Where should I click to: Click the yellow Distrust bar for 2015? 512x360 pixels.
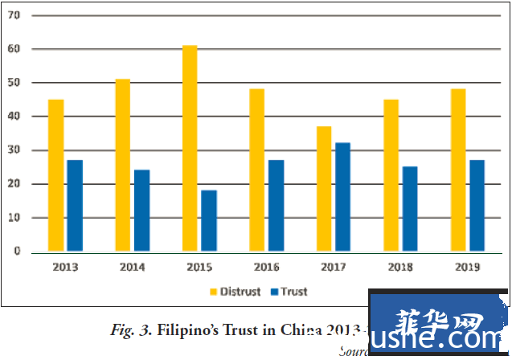[190, 149]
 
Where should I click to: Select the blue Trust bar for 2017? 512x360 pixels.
[342, 198]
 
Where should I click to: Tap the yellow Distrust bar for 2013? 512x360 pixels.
[55, 175]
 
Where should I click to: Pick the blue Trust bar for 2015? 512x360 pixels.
[208, 221]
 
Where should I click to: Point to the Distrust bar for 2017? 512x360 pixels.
[323, 189]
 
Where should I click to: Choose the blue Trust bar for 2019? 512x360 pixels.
[477, 206]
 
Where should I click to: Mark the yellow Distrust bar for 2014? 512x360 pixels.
[123, 166]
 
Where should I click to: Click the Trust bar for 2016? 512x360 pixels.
[276, 206]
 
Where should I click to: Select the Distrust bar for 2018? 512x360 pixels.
[391, 175]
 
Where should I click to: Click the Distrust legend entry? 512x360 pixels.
[235, 292]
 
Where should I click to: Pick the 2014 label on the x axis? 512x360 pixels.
[132, 267]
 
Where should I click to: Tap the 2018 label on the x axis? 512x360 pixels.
[400, 267]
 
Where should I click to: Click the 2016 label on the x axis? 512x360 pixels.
[266, 267]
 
